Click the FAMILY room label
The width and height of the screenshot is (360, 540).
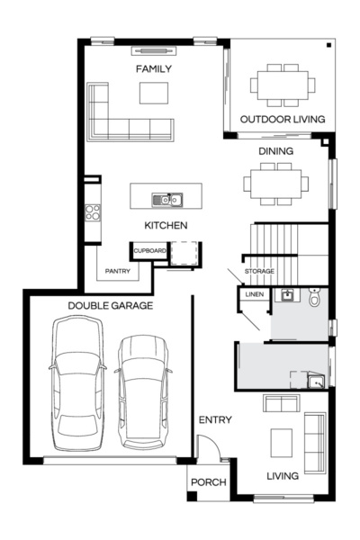tap(153, 69)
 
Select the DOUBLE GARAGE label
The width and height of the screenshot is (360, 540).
tap(110, 305)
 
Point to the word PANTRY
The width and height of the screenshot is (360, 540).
tap(118, 270)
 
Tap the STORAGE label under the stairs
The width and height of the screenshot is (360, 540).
tap(259, 271)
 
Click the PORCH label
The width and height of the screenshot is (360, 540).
tap(208, 482)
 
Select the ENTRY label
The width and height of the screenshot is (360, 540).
tap(215, 419)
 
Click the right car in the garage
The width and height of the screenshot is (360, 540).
tap(142, 391)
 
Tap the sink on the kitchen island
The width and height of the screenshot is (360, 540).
tap(166, 199)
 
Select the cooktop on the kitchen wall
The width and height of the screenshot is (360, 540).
tap(91, 212)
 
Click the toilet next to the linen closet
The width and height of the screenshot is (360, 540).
tap(314, 297)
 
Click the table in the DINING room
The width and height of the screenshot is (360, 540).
tap(275, 184)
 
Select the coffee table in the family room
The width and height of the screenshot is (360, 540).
tap(153, 93)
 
